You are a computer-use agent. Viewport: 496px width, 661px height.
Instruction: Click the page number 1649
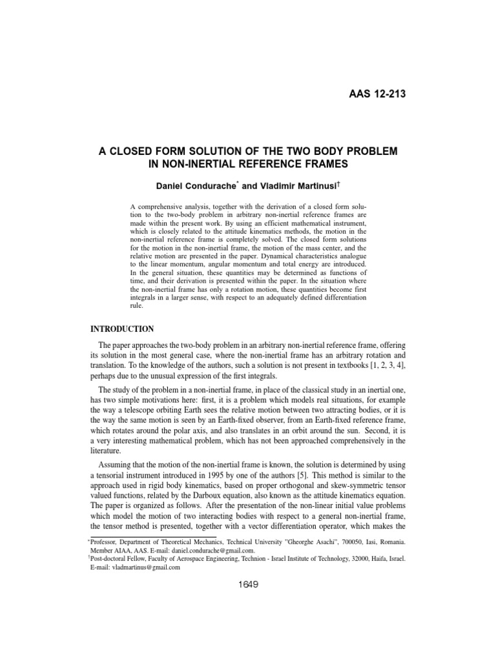(248, 585)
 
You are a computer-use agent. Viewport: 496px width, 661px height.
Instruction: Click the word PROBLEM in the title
(364, 150)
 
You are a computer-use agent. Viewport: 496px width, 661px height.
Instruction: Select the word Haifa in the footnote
(370, 560)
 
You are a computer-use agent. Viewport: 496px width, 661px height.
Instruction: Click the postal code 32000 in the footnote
(345, 560)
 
